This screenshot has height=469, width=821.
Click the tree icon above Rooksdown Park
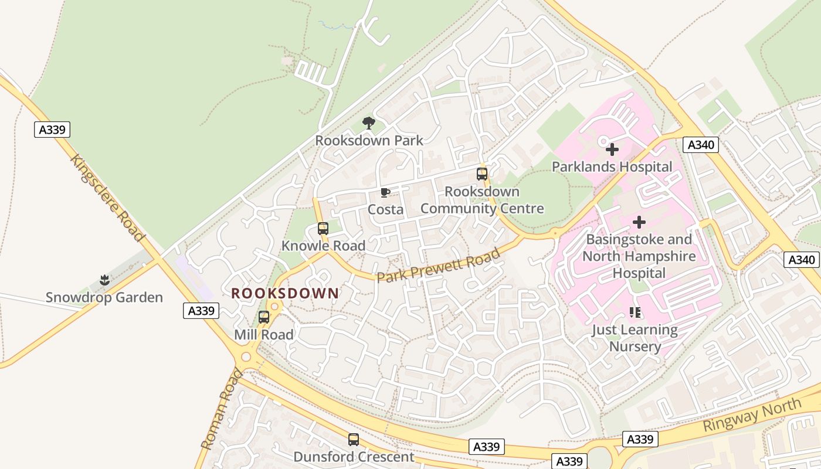(x=369, y=123)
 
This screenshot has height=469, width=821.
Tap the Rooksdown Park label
(x=369, y=141)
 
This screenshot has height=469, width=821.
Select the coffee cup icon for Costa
(x=385, y=192)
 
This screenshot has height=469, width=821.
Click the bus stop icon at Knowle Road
(x=323, y=229)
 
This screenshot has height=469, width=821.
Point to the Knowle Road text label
(x=323, y=246)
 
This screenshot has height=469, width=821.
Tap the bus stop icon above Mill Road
(x=264, y=317)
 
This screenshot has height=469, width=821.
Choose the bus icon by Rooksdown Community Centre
(x=482, y=174)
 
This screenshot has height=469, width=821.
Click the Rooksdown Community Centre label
(x=482, y=200)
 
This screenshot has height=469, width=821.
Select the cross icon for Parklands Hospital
(x=612, y=149)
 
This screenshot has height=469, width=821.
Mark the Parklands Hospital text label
(x=612, y=167)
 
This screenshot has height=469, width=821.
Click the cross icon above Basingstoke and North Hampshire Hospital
(x=639, y=222)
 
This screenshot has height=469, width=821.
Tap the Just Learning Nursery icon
(x=635, y=312)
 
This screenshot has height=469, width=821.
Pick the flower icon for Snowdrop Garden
(x=104, y=280)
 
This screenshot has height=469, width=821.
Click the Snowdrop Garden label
(x=104, y=297)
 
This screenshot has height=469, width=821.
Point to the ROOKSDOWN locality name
(x=285, y=293)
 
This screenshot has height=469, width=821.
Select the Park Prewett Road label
(x=439, y=266)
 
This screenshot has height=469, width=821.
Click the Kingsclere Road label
(x=107, y=198)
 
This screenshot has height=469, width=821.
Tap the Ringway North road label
(x=752, y=414)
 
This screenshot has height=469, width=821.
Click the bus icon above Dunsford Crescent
(x=353, y=440)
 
